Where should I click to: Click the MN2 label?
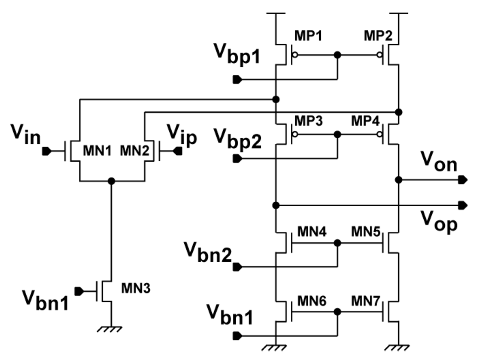(x=132, y=151)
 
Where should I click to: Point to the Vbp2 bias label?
(x=236, y=139)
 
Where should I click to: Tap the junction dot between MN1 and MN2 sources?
(x=111, y=180)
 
